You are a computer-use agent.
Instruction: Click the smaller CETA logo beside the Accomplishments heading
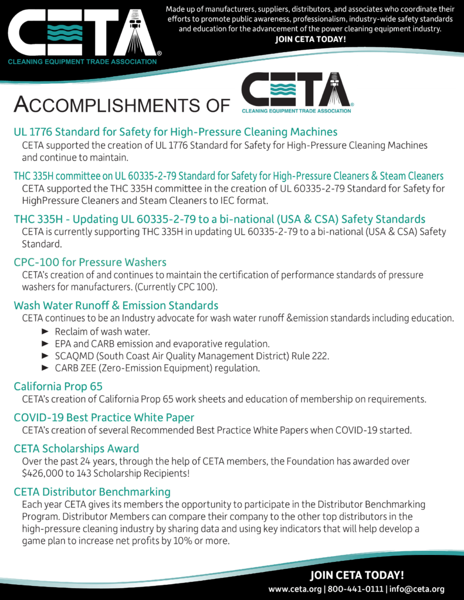click(296, 93)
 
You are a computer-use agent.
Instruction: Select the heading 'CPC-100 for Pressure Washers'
click(90, 262)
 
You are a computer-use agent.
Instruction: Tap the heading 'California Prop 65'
click(58, 386)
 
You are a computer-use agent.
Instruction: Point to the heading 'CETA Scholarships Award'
click(76, 448)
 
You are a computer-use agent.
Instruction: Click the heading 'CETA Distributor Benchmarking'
click(92, 491)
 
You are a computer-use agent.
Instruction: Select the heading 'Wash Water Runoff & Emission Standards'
click(116, 305)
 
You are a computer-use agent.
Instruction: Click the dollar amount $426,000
click(42, 473)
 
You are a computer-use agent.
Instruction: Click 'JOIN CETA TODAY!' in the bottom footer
click(357, 575)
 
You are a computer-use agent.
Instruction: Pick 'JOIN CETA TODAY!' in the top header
click(311, 39)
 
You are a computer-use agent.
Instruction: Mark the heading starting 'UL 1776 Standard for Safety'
click(175, 132)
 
